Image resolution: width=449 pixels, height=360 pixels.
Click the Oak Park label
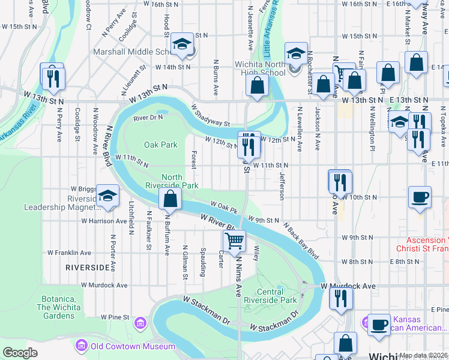pos(161,145)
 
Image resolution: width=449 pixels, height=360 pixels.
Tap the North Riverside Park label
pos(180,181)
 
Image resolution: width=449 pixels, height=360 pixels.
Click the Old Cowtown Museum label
pos(133,346)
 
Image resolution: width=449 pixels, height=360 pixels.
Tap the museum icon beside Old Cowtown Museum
pos(80,346)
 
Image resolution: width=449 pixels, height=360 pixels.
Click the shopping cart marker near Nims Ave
pos(234,241)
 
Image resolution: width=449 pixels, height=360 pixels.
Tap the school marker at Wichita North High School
pos(295,54)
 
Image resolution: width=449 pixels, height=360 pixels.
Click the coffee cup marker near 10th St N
pos(420,197)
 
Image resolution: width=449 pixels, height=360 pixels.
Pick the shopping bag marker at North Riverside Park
pos(170,198)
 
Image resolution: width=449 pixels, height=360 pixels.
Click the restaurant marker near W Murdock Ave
pos(341,298)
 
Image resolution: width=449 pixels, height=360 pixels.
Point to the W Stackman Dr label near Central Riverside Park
pos(274,322)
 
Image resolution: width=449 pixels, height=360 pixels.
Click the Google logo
pos(20,353)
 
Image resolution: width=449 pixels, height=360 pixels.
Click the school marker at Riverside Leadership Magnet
pos(107,196)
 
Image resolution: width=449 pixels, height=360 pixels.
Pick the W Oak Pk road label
pos(224,208)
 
